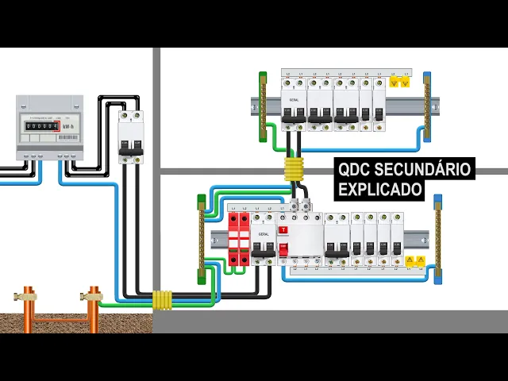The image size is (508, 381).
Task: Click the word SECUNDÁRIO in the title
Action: click(x=428, y=170)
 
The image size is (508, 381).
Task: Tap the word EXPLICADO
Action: click(x=380, y=190)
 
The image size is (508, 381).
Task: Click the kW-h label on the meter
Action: click(x=68, y=126)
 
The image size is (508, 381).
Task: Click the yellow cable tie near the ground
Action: click(x=162, y=300)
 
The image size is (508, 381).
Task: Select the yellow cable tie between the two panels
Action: click(x=294, y=170)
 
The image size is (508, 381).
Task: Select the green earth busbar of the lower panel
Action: click(x=202, y=238)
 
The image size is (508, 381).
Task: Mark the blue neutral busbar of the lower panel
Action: click(x=437, y=238)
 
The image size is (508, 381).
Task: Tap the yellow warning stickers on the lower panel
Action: click(x=415, y=260)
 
